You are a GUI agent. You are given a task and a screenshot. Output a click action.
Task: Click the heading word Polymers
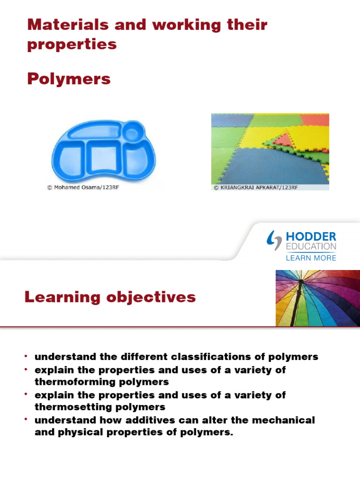(x=69, y=79)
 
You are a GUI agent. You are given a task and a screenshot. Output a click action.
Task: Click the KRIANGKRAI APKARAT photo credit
(x=255, y=187)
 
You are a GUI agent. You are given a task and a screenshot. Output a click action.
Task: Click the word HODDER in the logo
(x=311, y=236)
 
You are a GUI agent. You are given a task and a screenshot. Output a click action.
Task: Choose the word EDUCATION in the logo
(x=311, y=247)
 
